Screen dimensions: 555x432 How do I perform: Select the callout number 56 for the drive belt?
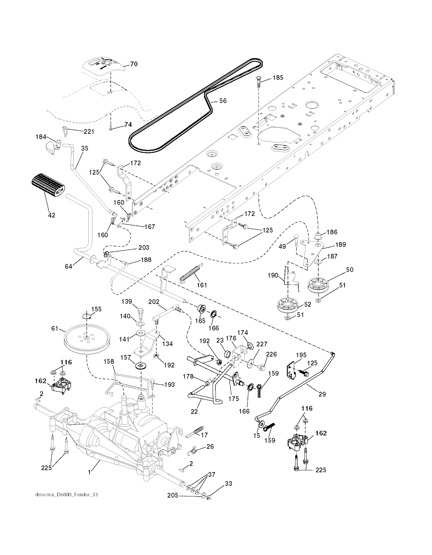222,101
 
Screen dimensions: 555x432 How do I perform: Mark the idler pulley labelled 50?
318,285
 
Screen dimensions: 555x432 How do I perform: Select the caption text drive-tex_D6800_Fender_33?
67,494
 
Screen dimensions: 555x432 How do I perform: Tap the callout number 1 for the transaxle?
89,473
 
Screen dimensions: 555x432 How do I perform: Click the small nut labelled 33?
210,498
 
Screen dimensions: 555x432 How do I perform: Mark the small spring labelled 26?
193,450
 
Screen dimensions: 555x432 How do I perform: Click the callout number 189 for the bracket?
340,245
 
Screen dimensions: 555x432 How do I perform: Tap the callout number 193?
169,385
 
